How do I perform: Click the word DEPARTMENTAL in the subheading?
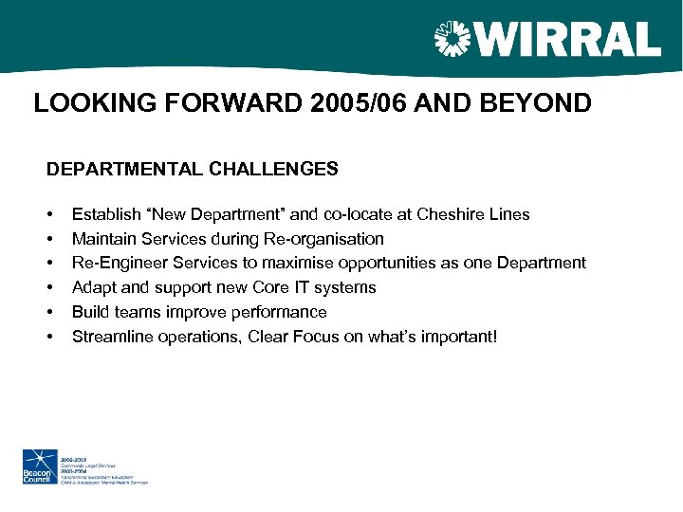click(x=123, y=170)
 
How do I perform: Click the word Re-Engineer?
click(x=115, y=263)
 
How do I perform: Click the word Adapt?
click(x=92, y=287)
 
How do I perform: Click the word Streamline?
click(x=109, y=337)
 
